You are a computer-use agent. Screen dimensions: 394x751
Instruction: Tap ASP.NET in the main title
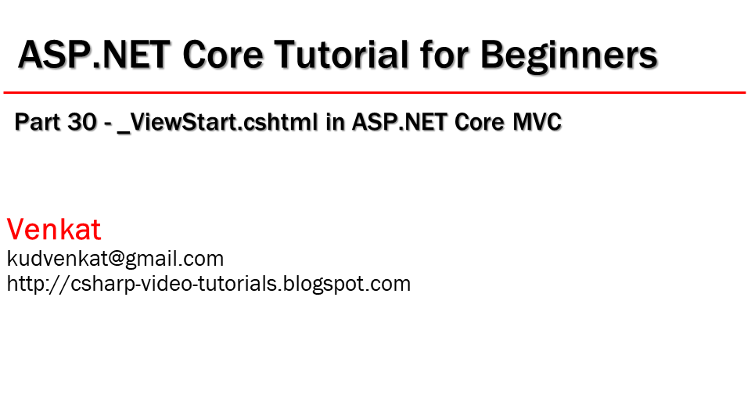tap(94, 56)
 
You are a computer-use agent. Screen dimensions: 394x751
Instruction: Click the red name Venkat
tap(54, 230)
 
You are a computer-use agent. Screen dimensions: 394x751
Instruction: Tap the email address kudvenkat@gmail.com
tap(115, 259)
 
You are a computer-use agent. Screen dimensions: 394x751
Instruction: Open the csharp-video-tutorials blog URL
tap(209, 284)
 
